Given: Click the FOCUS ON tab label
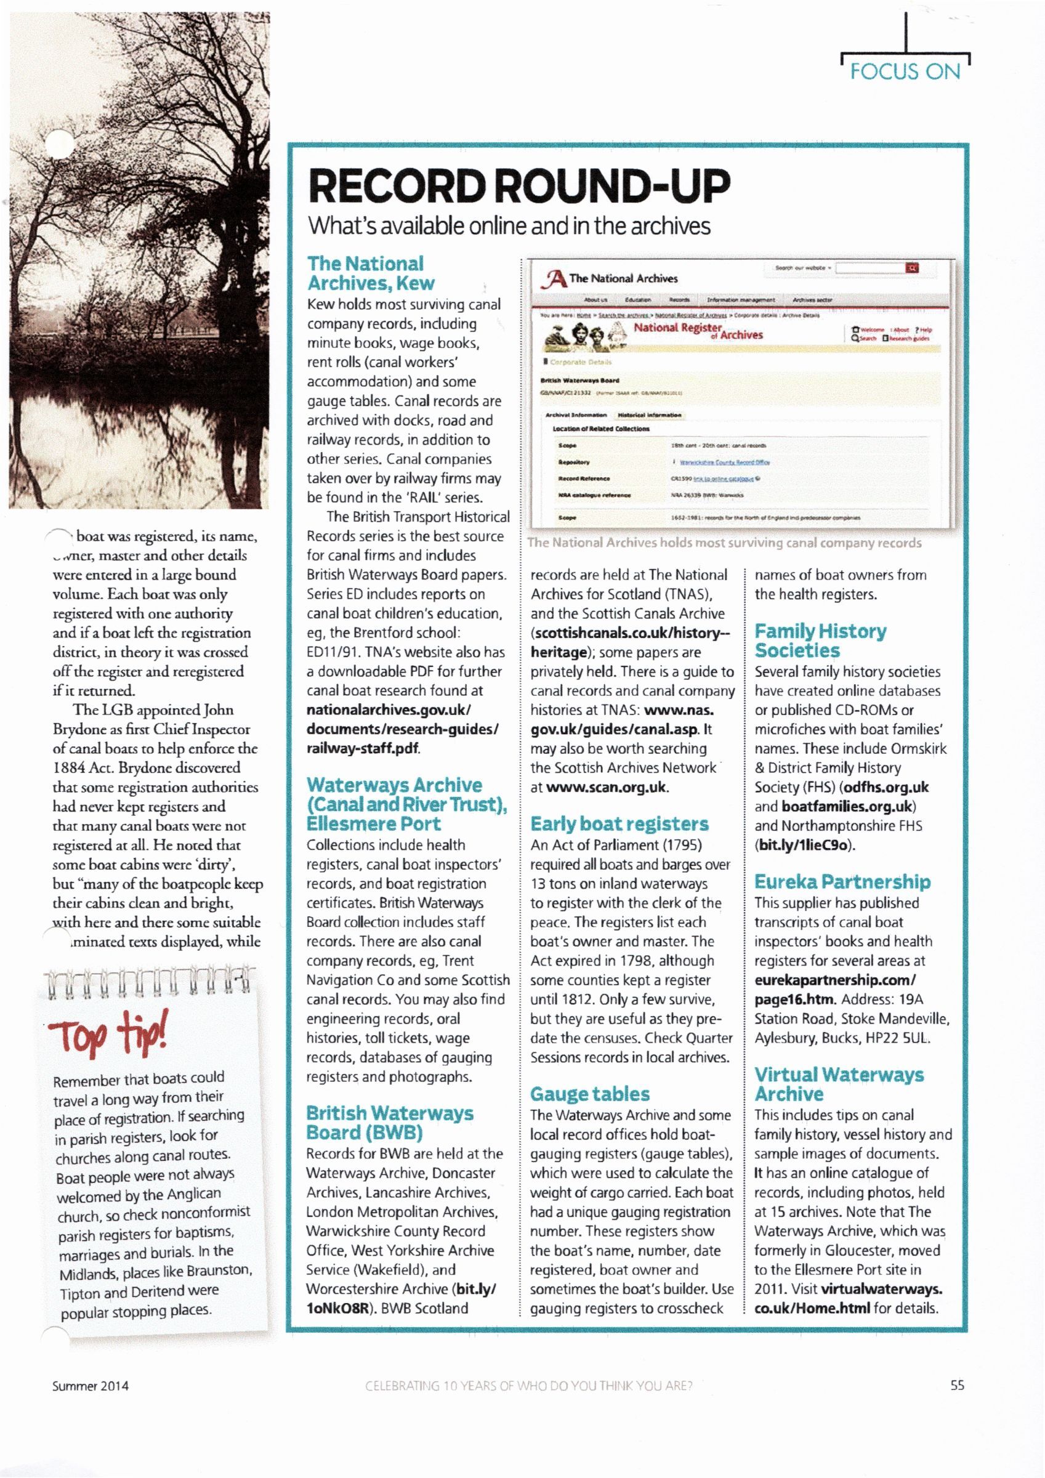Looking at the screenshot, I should [x=905, y=71].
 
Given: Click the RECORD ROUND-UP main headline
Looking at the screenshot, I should [x=520, y=186].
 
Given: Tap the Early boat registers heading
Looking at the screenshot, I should [x=619, y=824].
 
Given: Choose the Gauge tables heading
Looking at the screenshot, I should [x=590, y=1094].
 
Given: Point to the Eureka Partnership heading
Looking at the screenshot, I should [x=842, y=881].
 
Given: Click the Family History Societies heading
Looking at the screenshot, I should [x=820, y=640].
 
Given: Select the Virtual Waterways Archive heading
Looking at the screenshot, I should [x=838, y=1084].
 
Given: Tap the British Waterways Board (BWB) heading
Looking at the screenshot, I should [x=390, y=1123].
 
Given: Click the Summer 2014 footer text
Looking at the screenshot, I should [x=90, y=1386].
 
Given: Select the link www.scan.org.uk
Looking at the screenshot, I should [x=607, y=787].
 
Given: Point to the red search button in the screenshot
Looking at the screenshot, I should [x=912, y=268].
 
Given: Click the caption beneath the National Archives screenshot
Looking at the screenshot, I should [x=724, y=543].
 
